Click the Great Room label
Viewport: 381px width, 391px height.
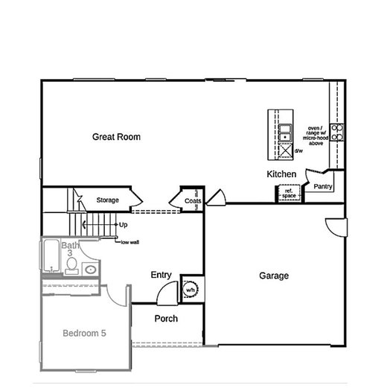[x=116, y=136]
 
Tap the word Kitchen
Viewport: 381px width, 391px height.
[x=281, y=174]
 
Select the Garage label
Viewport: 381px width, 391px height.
[x=274, y=276]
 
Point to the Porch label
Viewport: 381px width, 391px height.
[x=166, y=319]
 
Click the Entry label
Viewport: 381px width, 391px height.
[x=161, y=275]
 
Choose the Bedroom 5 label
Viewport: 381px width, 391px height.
[x=85, y=333]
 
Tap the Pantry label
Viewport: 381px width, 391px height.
[x=323, y=186]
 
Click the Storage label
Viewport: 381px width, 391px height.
[x=107, y=200]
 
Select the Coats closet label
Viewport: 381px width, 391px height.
[x=193, y=201]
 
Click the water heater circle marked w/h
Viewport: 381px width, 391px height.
[x=190, y=290]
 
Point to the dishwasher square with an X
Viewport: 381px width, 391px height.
[x=285, y=150]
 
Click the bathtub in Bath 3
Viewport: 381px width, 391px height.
[x=51, y=255]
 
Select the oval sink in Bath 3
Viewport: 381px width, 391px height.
[x=91, y=270]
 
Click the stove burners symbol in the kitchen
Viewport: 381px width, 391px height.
[x=337, y=133]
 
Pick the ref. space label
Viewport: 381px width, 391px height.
[x=289, y=194]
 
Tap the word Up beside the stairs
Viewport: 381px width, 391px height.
[x=123, y=225]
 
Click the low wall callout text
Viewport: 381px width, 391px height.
[x=129, y=242]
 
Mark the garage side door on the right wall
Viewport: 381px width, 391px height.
[x=336, y=227]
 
